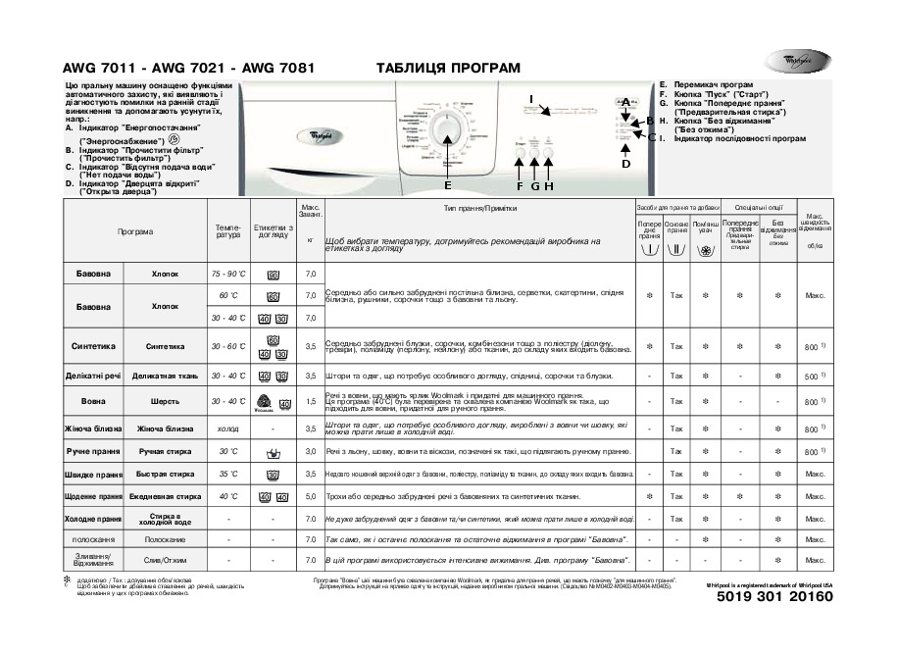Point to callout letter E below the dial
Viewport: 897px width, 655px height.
click(448, 184)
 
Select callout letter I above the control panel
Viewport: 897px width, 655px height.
click(530, 99)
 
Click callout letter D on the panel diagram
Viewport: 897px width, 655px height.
click(625, 163)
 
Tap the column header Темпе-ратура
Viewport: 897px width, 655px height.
click(227, 231)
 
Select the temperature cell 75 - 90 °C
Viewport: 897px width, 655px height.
click(228, 274)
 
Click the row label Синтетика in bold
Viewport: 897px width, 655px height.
click(93, 346)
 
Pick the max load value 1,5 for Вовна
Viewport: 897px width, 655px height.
click(311, 401)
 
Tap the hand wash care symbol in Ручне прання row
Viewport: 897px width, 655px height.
click(273, 452)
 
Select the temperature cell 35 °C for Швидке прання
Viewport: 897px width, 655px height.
click(228, 475)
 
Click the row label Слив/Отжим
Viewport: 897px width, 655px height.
click(165, 560)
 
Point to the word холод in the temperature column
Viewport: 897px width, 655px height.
click(227, 428)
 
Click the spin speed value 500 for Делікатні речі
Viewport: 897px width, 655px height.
click(810, 376)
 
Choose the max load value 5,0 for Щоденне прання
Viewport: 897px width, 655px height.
click(311, 497)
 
